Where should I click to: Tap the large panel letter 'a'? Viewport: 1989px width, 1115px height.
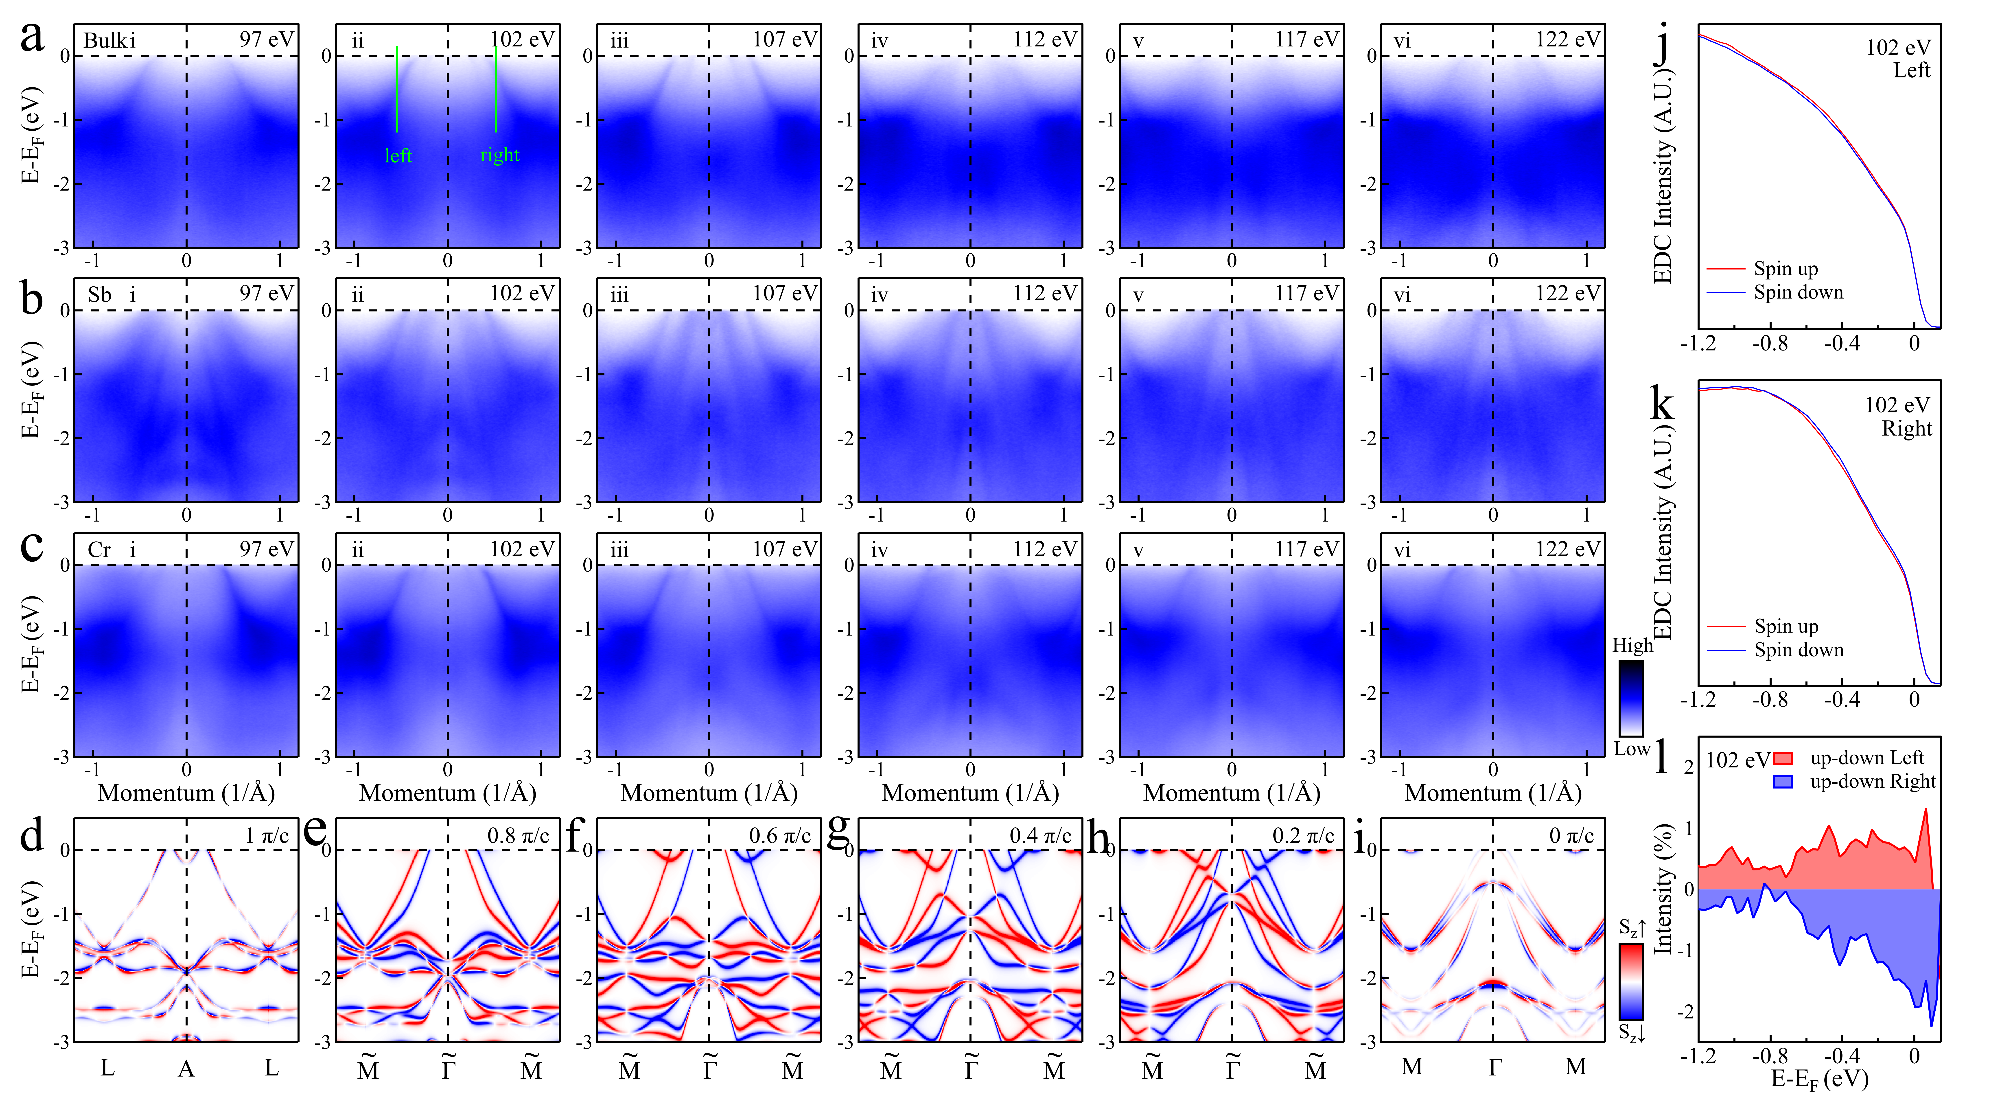point(33,37)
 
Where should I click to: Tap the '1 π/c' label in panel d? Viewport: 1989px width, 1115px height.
point(266,835)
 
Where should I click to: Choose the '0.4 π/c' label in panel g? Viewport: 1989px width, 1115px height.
point(1040,835)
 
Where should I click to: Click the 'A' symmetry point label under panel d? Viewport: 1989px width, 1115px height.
point(186,1068)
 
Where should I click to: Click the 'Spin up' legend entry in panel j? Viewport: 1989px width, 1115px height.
point(1785,269)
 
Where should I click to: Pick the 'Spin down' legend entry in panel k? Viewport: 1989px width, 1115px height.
point(1798,650)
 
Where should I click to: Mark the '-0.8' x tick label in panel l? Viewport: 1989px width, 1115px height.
point(1769,1056)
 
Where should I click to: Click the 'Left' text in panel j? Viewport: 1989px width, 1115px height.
point(1911,70)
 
